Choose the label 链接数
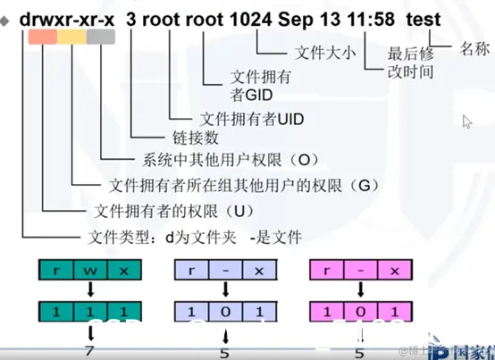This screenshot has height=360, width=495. click(171, 138)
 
